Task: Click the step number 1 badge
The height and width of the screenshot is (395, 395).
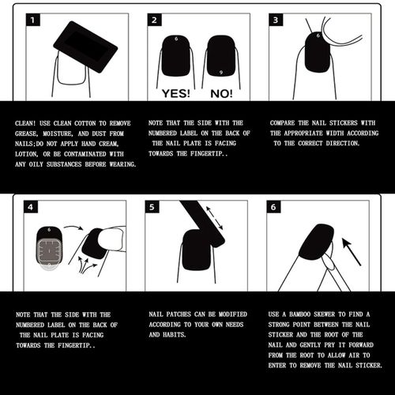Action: [x=33, y=20]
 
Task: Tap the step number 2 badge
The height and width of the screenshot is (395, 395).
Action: [x=154, y=20]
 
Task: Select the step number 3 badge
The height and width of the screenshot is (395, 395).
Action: [x=276, y=20]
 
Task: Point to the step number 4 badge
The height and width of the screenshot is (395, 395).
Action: [x=31, y=207]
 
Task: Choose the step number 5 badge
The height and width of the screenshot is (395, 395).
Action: [x=152, y=207]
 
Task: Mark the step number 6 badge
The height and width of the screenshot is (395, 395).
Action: [x=273, y=207]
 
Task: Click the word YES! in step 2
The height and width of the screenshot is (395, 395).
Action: [x=175, y=93]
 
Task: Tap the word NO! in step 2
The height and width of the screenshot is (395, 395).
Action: [x=221, y=93]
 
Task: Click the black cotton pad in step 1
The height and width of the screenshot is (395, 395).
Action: [x=85, y=47]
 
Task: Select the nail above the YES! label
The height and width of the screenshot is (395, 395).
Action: [x=176, y=56]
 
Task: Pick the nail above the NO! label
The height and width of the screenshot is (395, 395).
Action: [x=221, y=56]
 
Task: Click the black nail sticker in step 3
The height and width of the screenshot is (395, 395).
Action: [x=318, y=52]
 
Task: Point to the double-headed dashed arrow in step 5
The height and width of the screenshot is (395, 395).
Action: [x=214, y=218]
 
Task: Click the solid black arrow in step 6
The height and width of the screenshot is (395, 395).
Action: [x=352, y=251]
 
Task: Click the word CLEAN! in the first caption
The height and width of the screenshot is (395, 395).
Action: [x=25, y=123]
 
